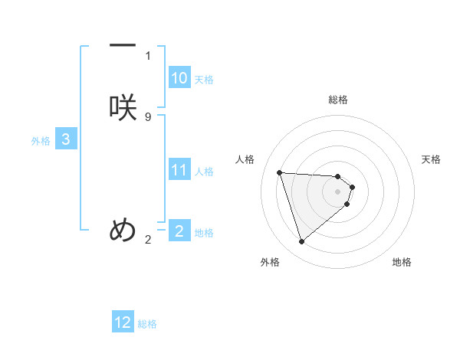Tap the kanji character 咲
[x=123, y=107]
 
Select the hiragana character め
[x=123, y=229]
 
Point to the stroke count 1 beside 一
[x=148, y=55]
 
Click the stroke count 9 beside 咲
[x=148, y=116]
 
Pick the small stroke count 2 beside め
[x=148, y=240]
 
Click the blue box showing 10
[x=179, y=78]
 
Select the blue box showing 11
[x=179, y=170]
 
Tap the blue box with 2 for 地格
[x=179, y=231]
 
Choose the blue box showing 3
[x=66, y=139]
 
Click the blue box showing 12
[x=123, y=322]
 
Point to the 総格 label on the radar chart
[x=338, y=100]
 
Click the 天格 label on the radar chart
[x=431, y=159]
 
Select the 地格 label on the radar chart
[x=402, y=262]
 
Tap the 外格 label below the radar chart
[x=270, y=262]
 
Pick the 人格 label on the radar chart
[x=245, y=159]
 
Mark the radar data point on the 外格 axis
[x=301, y=242]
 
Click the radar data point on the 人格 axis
[x=280, y=172]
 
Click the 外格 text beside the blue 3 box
[x=41, y=140]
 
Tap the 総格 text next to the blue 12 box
[x=147, y=324]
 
